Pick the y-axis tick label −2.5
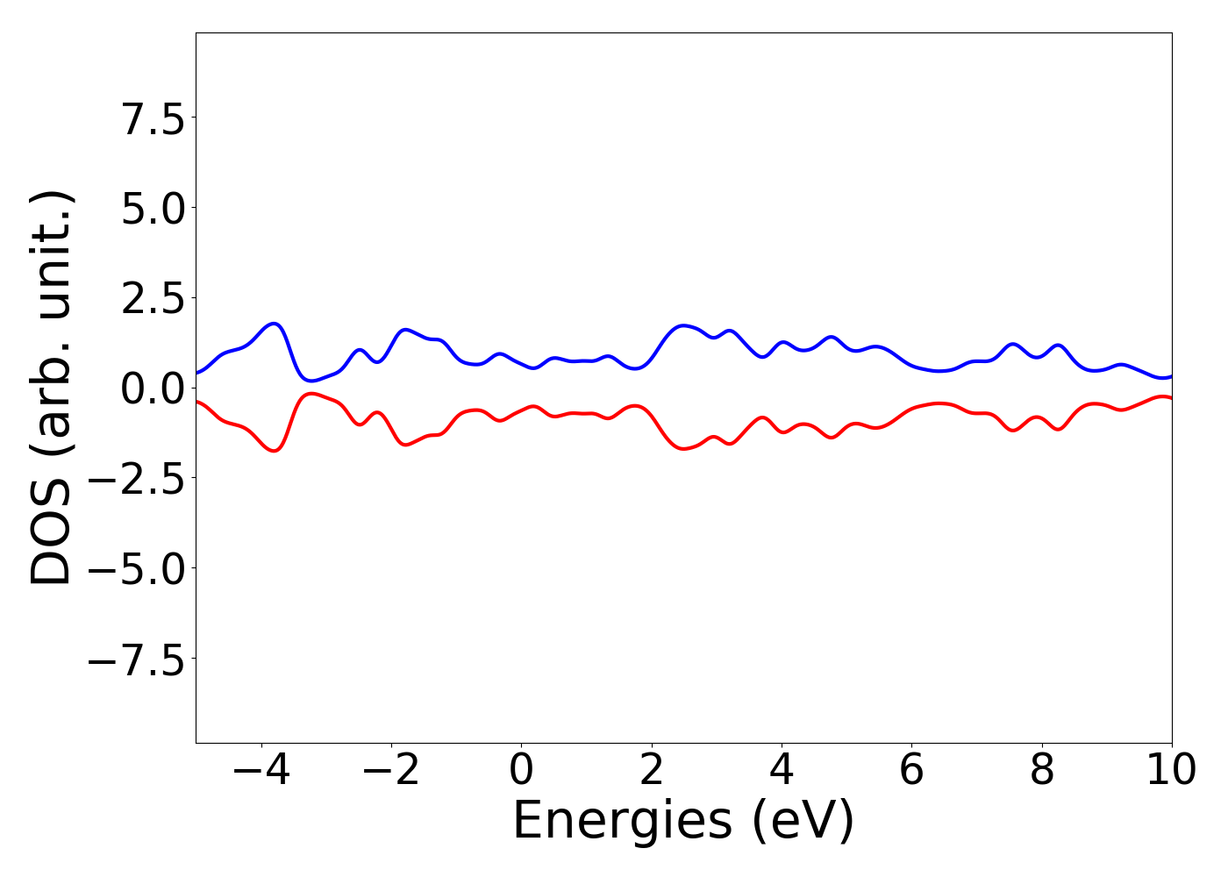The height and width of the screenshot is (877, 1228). point(136,480)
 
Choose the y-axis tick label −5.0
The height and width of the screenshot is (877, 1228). point(136,570)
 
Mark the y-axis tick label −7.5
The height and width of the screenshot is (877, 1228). point(136,660)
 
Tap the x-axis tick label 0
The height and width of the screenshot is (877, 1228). point(521,770)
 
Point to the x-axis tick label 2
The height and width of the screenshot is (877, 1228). point(651,770)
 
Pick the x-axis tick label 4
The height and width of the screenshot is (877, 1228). point(782,770)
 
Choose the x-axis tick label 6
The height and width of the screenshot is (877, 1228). point(911,770)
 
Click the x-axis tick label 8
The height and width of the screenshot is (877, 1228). point(1042,770)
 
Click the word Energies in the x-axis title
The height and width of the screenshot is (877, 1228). point(622,823)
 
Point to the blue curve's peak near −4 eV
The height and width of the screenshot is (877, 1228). point(275,324)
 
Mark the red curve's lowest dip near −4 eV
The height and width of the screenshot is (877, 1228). point(275,451)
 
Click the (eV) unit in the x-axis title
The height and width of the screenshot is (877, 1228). point(803,823)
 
